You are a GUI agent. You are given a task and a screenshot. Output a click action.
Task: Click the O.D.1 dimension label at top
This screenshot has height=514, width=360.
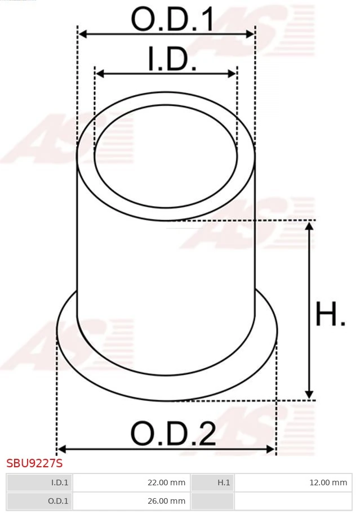(172, 20)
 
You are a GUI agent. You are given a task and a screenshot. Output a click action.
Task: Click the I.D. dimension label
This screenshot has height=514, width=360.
(172, 60)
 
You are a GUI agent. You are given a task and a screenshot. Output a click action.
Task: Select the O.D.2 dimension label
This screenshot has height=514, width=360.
(173, 434)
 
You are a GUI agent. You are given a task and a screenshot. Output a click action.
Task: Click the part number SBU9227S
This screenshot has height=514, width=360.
(34, 464)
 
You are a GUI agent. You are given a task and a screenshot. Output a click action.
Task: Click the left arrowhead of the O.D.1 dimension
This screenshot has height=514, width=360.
(82, 34)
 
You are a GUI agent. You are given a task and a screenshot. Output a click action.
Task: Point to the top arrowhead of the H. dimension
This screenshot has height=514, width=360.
(309, 226)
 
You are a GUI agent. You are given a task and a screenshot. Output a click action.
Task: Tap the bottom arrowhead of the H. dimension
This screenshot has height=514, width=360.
(309, 395)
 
